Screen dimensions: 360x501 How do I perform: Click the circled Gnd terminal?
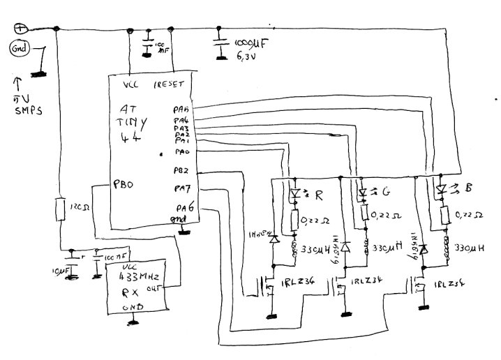[19, 50]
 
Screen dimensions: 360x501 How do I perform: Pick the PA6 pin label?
[185, 208]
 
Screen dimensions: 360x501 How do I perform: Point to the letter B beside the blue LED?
[472, 188]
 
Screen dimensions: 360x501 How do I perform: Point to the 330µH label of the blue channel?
[471, 247]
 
